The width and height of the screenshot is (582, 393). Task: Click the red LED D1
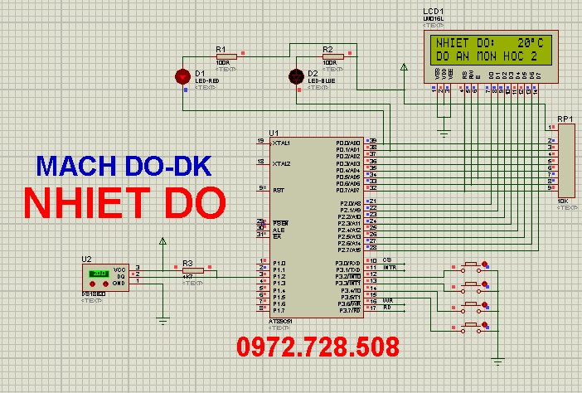tap(182, 76)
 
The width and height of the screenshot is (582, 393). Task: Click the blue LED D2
tap(294, 76)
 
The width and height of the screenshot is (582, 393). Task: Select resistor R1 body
tap(225, 57)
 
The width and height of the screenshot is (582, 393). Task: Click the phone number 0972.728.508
tap(318, 346)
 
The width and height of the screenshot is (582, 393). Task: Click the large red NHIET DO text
tap(124, 202)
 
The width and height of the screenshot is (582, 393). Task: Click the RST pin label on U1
tap(279, 189)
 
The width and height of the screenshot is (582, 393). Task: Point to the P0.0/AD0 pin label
tap(348, 142)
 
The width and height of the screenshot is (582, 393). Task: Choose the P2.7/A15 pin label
tap(348, 249)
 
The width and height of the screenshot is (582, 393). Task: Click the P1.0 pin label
tap(279, 263)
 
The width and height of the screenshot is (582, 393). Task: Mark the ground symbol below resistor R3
tap(163, 320)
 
